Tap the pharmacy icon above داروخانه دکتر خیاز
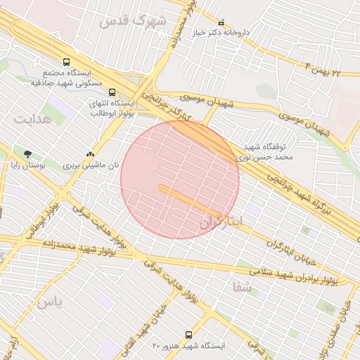pos(222,22)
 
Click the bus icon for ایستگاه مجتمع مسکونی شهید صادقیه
pos(66,62)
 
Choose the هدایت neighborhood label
pos(33,119)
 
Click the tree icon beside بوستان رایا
pos(27,154)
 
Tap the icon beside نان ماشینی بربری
pos(89,154)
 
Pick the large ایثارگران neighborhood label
pos(221,221)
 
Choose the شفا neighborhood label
pos(240,285)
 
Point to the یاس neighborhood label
pos(49,303)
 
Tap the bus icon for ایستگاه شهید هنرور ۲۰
pos(188,335)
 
